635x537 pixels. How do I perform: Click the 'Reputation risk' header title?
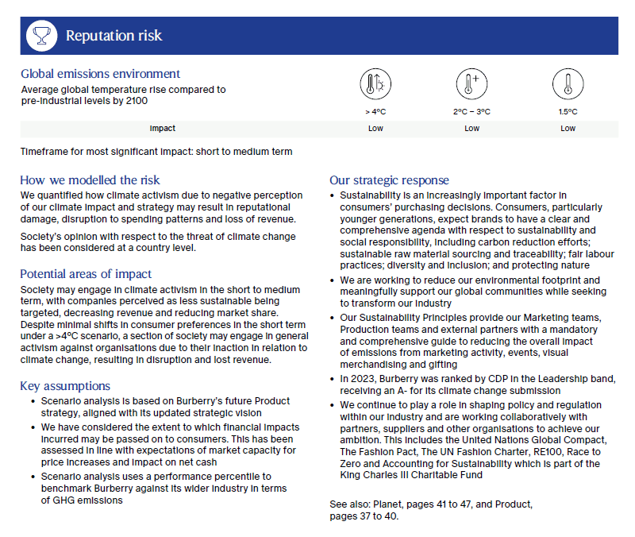114,36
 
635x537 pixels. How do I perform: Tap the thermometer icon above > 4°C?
375,83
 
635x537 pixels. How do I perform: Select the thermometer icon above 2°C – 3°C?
471,83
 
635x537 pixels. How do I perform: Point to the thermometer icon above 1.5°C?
568,83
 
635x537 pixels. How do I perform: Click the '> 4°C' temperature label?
375,112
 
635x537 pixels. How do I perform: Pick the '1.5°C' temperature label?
568,112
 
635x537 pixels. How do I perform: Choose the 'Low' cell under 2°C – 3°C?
471,129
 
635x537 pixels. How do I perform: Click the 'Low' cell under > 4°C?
375,129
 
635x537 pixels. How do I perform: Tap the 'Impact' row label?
162,129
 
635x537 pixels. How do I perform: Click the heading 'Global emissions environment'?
101,74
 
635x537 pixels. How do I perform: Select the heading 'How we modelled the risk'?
90,180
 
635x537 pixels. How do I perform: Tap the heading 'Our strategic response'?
389,180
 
